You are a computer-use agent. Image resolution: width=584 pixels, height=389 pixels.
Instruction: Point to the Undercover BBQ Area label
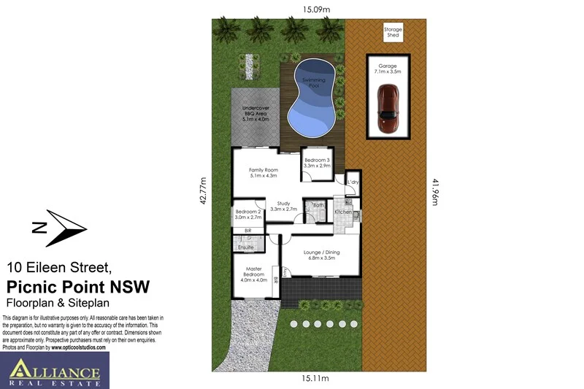coord(255,115)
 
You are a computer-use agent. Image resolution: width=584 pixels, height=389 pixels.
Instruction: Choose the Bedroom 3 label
coord(318,163)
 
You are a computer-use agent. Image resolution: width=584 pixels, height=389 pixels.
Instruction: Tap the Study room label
coord(283,207)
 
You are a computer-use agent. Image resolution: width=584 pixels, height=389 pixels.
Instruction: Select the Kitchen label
coord(343,212)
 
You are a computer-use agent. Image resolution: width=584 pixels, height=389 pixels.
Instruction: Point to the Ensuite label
coord(246,247)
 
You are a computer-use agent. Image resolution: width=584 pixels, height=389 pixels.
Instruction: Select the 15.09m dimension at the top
coord(315,9)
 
